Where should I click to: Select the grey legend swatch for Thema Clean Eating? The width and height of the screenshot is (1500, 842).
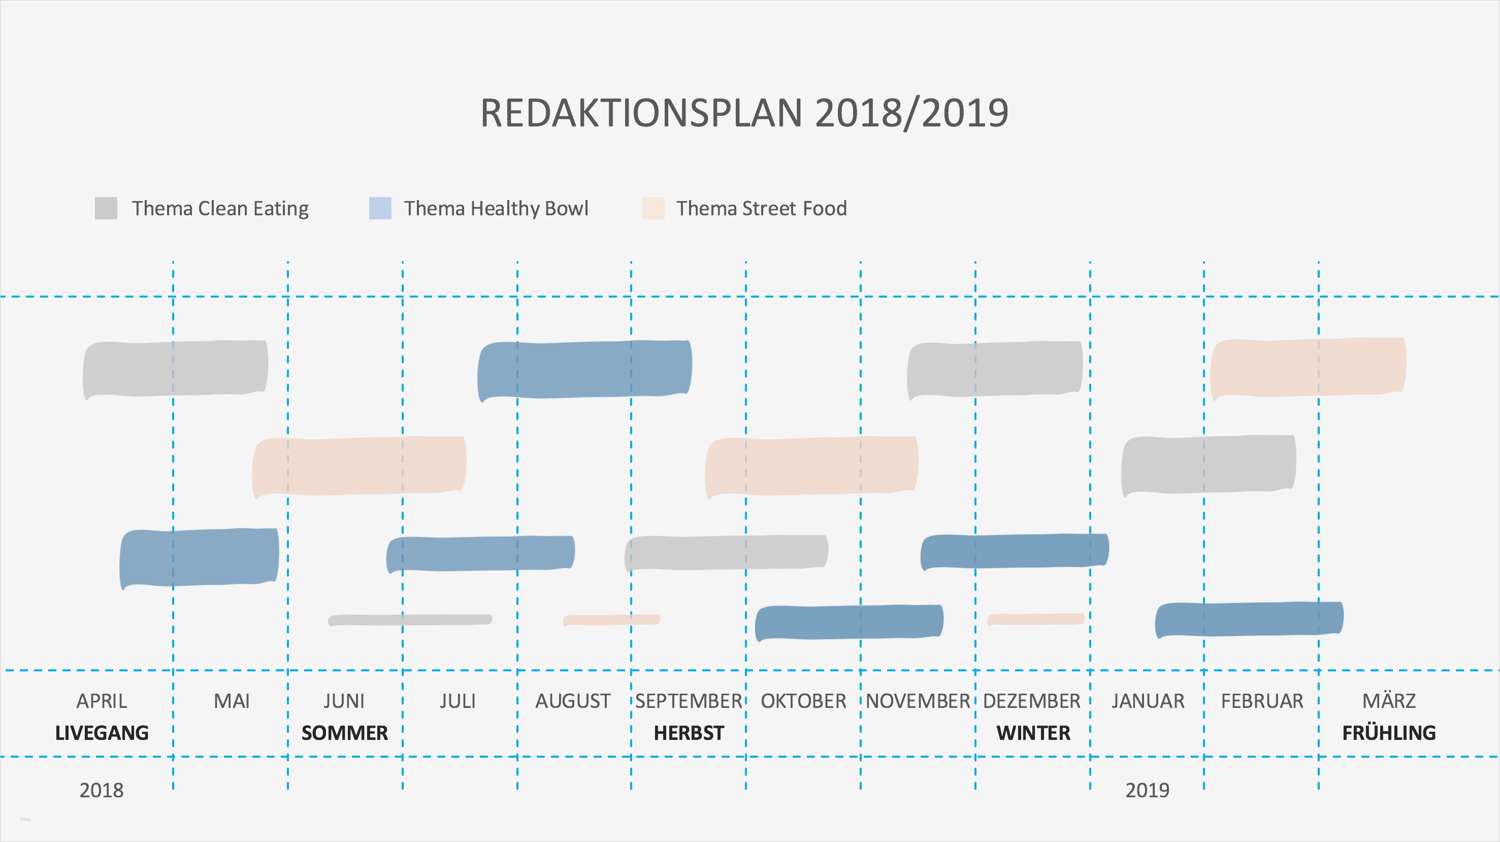click(106, 208)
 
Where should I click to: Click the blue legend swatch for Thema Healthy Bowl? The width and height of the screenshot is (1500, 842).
click(380, 208)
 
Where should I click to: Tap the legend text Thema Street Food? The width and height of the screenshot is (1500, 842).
click(761, 208)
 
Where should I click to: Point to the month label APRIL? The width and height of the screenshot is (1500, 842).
click(102, 700)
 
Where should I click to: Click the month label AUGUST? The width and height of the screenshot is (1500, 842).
click(573, 700)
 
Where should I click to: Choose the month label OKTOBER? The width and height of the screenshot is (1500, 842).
click(803, 700)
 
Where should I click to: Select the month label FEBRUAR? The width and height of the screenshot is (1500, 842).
click(1262, 700)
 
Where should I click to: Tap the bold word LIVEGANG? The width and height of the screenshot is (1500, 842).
click(102, 732)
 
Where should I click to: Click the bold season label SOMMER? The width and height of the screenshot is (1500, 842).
click(344, 732)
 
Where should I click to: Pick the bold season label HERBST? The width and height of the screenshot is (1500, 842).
click(689, 732)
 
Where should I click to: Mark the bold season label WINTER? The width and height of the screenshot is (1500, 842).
click(1033, 732)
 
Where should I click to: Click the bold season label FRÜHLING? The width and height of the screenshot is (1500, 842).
click(1389, 732)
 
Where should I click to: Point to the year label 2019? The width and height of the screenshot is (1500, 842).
click(1147, 790)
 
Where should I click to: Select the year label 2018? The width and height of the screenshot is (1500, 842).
click(102, 790)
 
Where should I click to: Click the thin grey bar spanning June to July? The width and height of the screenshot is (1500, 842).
click(410, 620)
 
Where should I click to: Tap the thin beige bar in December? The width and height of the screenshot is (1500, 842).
click(1035, 619)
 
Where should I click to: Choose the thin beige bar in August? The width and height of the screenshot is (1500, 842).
click(611, 620)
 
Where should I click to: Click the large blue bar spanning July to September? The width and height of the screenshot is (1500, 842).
click(584, 369)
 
